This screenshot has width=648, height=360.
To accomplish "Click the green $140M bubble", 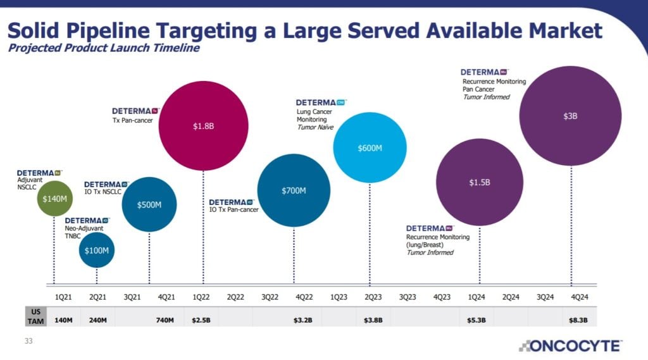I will click(54, 198).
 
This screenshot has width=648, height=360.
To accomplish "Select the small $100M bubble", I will click(97, 250).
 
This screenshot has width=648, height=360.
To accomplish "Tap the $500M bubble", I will click(149, 204).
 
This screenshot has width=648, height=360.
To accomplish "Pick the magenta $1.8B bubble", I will click(203, 126).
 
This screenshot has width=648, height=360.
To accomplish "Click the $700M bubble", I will click(294, 190).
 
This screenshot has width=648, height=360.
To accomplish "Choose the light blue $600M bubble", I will click(370, 147).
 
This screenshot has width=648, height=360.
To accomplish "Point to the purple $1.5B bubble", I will click(480, 182).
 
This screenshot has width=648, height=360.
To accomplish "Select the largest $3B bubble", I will click(570, 116).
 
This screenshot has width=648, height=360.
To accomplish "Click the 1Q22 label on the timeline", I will click(201, 296).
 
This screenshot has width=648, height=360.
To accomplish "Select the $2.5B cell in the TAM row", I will click(201, 320).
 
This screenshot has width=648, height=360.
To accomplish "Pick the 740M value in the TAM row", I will click(165, 320).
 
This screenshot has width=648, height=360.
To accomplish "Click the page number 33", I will click(28, 342).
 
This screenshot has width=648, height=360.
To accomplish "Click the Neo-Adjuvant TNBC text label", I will click(84, 232).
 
